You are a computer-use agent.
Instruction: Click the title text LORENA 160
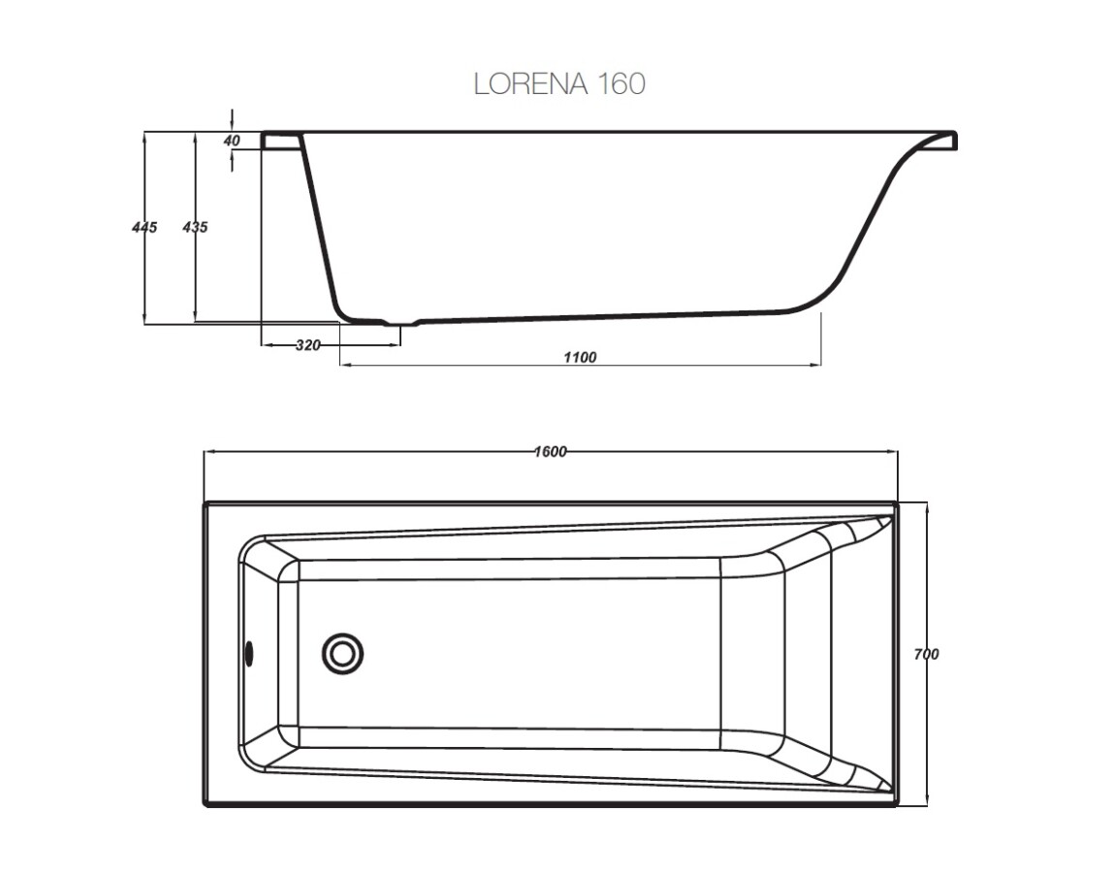point(558,84)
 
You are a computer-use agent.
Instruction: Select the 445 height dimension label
point(143,227)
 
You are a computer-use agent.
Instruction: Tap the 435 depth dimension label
point(195,227)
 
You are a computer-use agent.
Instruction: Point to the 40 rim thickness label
point(232,141)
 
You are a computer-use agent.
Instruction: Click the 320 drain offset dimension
point(307,345)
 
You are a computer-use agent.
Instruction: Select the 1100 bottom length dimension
point(580,357)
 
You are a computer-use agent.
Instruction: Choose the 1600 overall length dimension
point(550,452)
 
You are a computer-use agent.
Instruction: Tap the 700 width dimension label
point(926,655)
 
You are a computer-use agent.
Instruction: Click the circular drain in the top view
point(342,653)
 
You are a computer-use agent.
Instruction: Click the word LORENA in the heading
point(528,84)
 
